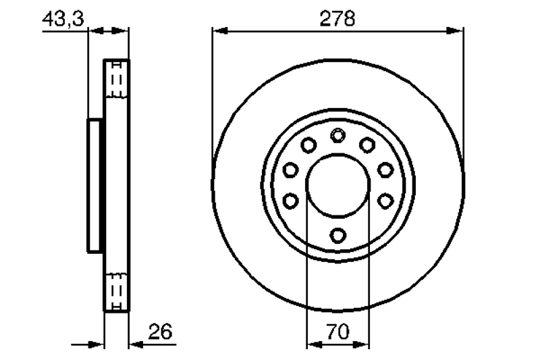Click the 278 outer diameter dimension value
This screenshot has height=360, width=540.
(337, 19)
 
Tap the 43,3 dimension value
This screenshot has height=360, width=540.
(63, 19)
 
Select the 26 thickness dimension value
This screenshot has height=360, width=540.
(160, 332)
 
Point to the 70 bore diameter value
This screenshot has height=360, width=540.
(338, 332)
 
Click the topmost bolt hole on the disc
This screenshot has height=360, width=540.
(338, 135)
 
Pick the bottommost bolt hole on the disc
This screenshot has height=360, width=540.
(338, 236)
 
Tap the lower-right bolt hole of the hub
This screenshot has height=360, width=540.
(385, 201)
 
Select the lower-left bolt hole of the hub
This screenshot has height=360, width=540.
(290, 201)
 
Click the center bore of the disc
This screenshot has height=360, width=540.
(338, 186)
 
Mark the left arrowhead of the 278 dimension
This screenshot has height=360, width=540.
(221, 31)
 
